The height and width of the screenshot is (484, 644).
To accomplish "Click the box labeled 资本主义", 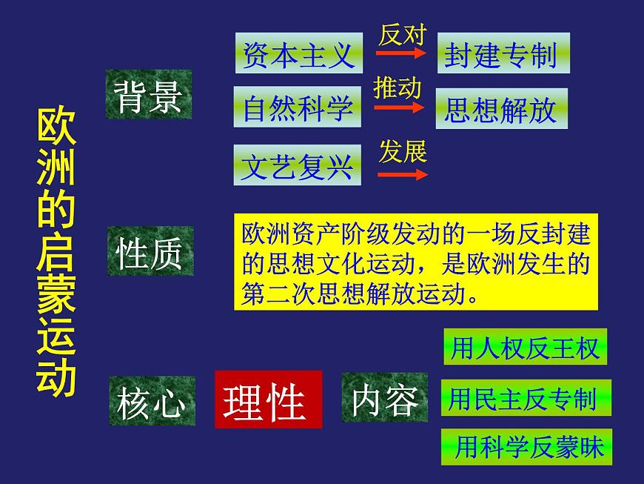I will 298,53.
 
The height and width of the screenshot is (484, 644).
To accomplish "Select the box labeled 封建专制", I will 503,53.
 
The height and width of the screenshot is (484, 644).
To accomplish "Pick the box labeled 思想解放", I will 501,109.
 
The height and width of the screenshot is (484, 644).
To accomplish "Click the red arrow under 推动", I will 400,108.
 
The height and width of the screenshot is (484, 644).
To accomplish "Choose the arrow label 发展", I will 403,152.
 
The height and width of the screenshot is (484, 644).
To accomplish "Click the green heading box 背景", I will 148,95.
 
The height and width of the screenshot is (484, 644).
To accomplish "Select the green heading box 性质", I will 150,252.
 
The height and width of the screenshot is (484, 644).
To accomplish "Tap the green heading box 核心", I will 152,401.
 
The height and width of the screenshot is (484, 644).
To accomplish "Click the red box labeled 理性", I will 268,400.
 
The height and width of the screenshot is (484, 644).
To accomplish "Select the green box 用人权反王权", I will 524,347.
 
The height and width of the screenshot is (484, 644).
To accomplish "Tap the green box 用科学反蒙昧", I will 526,447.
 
